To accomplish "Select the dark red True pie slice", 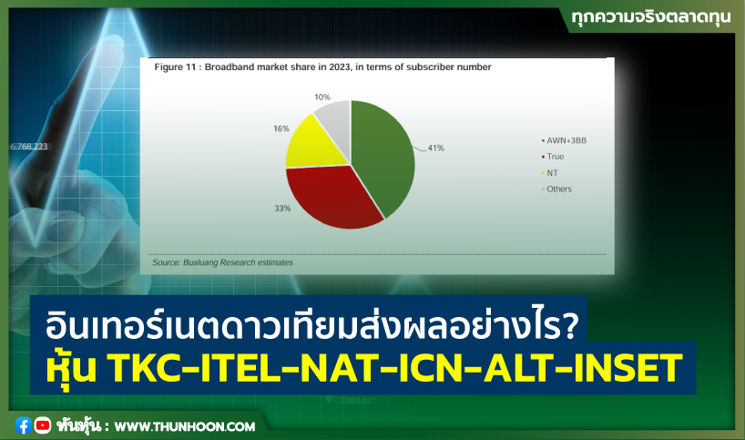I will click(x=332, y=196).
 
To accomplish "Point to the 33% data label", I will click(x=281, y=209).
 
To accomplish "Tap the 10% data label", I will click(x=321, y=97).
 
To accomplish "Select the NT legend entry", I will click(x=552, y=172).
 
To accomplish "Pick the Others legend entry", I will click(x=558, y=189).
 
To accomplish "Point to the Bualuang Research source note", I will click(x=222, y=262).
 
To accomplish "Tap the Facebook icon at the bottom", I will click(x=23, y=425).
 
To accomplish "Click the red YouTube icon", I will click(x=42, y=425).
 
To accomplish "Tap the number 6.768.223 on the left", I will click(x=30, y=146).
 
